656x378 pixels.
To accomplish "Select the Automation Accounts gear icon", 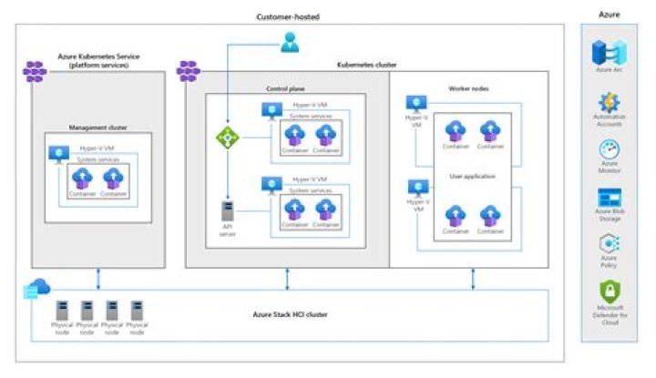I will click(x=610, y=102).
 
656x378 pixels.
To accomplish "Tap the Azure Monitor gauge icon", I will click(x=610, y=149).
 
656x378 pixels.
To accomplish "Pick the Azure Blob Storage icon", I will click(x=610, y=197).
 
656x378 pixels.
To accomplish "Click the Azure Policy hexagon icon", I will click(x=610, y=244).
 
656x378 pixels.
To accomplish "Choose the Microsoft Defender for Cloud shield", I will click(x=610, y=293).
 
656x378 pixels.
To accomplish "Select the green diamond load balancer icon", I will click(x=225, y=138).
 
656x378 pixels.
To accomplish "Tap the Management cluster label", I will click(x=97, y=128).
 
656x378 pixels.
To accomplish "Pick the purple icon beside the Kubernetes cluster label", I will click(x=189, y=68).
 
